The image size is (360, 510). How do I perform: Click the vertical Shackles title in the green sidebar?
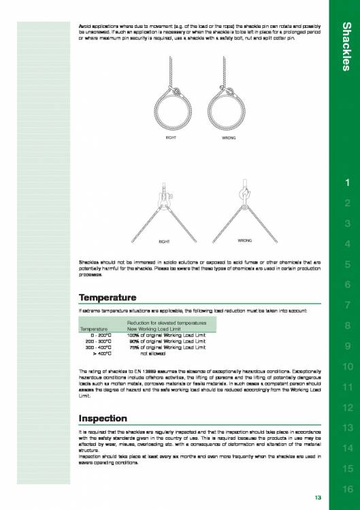click(x=346, y=46)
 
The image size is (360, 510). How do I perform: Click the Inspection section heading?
click(x=103, y=417)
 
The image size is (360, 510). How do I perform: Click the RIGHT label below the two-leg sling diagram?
click(x=164, y=241)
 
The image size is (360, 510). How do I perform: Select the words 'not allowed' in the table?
click(x=154, y=354)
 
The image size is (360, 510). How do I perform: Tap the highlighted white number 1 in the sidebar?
click(x=346, y=183)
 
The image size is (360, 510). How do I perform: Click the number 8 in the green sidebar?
click(x=346, y=326)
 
